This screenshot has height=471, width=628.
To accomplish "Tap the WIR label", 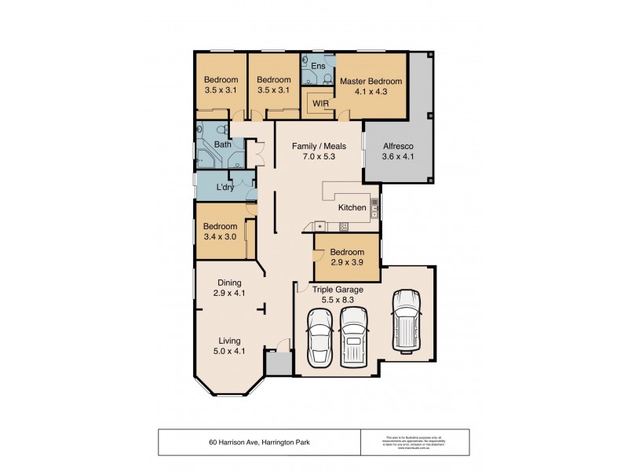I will pos(320,103).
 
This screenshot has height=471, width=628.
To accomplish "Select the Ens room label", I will pos(318,66).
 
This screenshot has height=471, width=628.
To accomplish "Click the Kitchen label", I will pos(352,208).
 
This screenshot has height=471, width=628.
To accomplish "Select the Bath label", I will pos(223,144).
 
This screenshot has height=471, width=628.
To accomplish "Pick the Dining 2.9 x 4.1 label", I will pos(229,287).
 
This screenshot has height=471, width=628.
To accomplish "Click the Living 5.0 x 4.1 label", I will pos(229,345).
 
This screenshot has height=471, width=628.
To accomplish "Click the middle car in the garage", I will pos(354,336).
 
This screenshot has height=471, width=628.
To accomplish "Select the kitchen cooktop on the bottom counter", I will pos(344,227).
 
